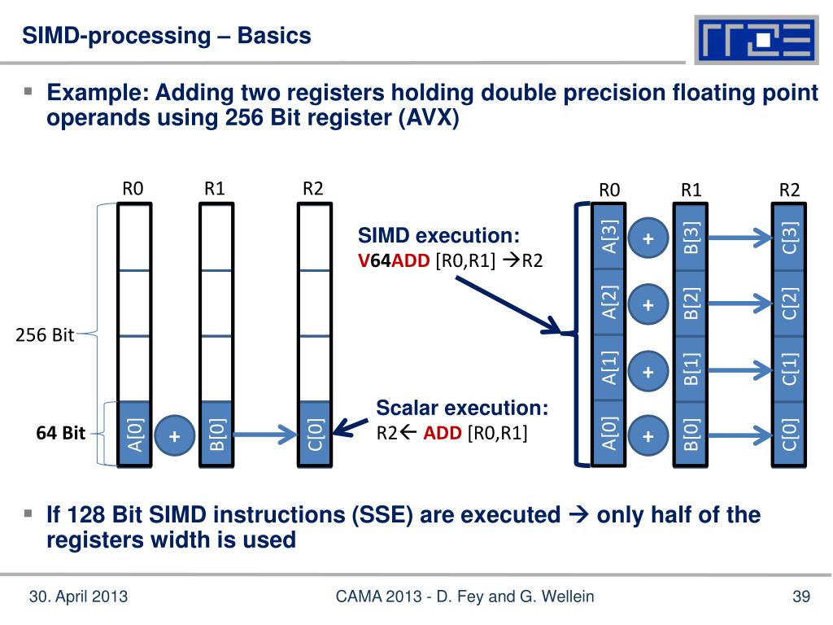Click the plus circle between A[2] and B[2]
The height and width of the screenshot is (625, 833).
pyautogui.click(x=648, y=305)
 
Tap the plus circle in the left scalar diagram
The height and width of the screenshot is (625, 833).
pyautogui.click(x=174, y=436)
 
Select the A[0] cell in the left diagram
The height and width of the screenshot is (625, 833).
pyautogui.click(x=134, y=435)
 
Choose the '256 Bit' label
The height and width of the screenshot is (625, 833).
pyautogui.click(x=46, y=335)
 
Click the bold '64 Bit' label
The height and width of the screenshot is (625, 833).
pyautogui.click(x=60, y=434)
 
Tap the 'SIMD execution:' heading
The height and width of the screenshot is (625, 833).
pyautogui.click(x=439, y=237)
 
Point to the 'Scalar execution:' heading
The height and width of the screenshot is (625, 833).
pyautogui.click(x=462, y=408)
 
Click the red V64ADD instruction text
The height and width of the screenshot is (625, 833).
pyautogui.click(x=396, y=260)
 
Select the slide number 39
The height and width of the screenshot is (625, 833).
pyautogui.click(x=801, y=598)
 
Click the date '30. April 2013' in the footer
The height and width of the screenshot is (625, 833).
pyautogui.click(x=78, y=598)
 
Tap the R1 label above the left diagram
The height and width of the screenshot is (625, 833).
pyautogui.click(x=215, y=189)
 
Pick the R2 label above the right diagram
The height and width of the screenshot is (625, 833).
pyautogui.click(x=789, y=190)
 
